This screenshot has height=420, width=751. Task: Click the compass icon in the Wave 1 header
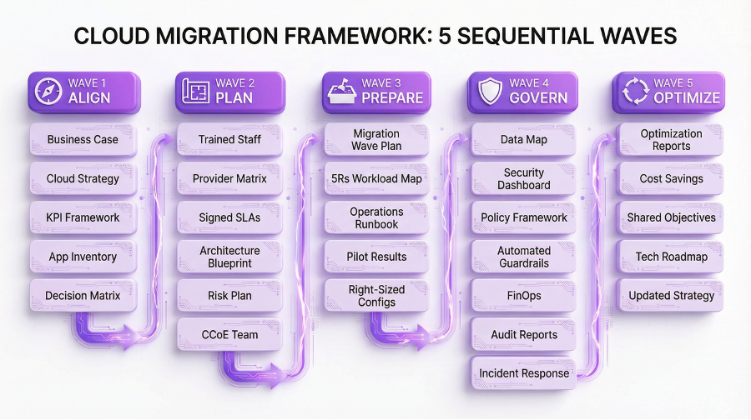tap(48, 91)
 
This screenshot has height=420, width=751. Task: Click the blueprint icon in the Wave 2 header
tap(194, 91)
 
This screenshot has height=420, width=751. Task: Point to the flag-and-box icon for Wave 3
tap(340, 91)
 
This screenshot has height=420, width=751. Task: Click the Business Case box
tap(83, 139)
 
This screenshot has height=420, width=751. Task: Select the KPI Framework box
tap(83, 217)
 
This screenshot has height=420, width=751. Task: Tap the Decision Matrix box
tap(83, 295)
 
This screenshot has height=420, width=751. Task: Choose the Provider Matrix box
tap(229, 178)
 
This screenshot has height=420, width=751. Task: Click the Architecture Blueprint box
tap(229, 257)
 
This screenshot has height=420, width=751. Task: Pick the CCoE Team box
tap(229, 334)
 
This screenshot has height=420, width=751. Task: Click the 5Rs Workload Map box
tap(376, 178)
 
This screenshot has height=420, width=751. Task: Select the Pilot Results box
tap(376, 257)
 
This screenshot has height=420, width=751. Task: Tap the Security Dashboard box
tap(523, 178)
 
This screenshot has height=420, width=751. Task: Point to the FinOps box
tap(523, 295)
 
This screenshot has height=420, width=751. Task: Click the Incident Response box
tap(523, 373)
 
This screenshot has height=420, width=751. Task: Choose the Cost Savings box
tap(671, 178)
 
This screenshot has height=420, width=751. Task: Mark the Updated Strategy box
tap(671, 295)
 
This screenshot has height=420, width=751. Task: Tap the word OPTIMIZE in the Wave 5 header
tap(687, 97)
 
